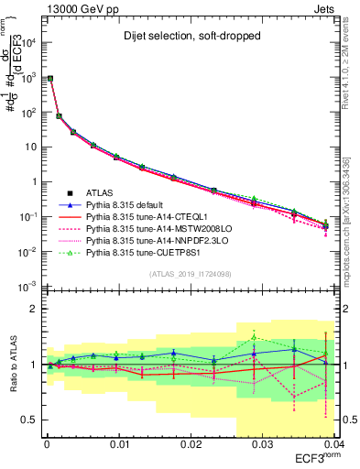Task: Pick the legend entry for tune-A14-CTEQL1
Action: tap(150, 219)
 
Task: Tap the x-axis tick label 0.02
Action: tap(190, 446)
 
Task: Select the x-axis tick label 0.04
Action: tap(332, 446)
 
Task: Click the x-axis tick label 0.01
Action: tap(118, 446)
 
